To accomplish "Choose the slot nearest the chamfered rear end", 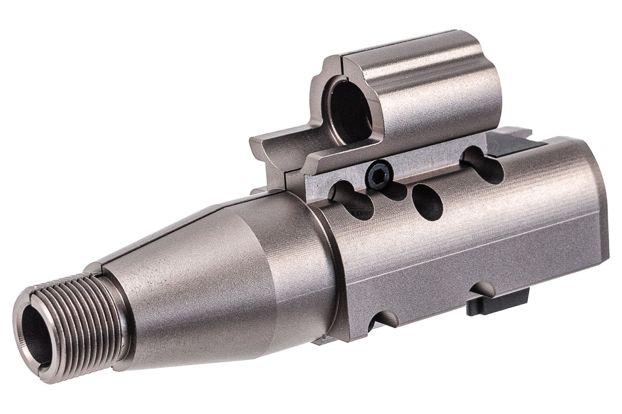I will click(x=483, y=164).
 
